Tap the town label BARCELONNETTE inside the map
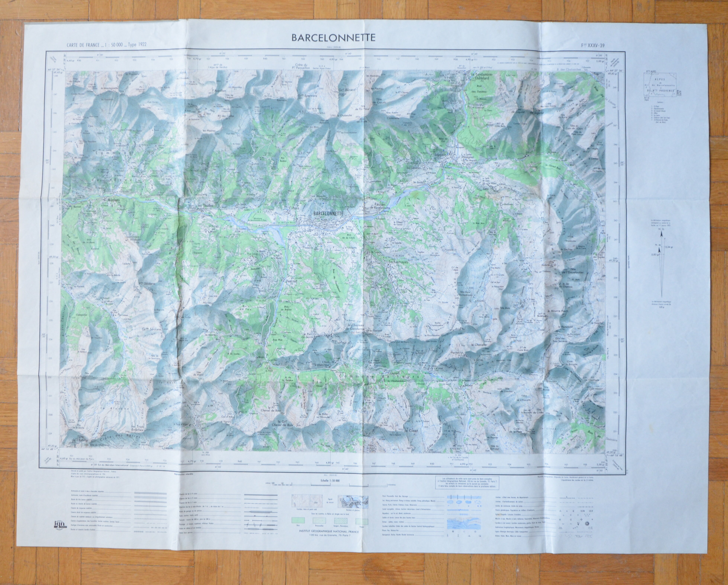pyautogui.click(x=328, y=214)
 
